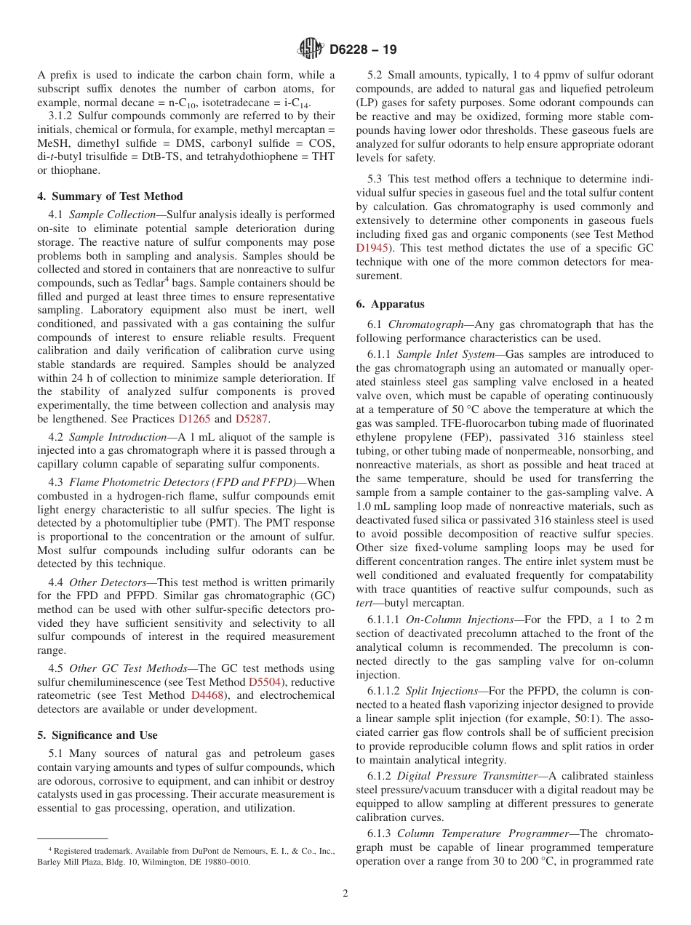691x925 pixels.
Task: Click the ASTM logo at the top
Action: pos(311,49)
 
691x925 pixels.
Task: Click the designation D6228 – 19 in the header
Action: pos(363,50)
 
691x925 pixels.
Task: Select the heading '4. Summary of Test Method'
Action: pos(110,196)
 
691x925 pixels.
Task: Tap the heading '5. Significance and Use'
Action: pos(97,735)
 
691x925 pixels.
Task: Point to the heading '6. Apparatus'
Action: pos(390,304)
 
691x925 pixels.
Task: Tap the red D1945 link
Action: pos(372,248)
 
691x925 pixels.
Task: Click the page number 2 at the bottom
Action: pos(345,894)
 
